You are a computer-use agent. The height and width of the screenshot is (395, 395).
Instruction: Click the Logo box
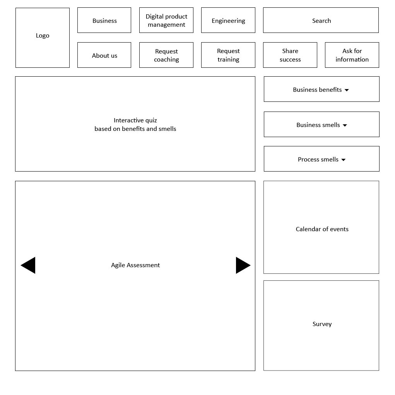[42, 38]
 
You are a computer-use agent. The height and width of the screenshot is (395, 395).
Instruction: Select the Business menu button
[104, 20]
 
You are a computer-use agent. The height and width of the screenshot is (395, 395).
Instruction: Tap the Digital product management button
[166, 20]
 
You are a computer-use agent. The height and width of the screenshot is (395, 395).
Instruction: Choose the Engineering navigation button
[228, 20]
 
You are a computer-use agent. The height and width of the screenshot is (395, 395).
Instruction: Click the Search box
[321, 20]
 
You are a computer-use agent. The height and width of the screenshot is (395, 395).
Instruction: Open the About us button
[104, 55]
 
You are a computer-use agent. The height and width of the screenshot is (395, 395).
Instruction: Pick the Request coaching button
[166, 55]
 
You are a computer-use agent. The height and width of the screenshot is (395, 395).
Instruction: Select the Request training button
[228, 55]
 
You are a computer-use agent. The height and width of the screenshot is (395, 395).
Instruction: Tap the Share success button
[290, 55]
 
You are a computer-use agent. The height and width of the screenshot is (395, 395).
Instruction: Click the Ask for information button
[352, 55]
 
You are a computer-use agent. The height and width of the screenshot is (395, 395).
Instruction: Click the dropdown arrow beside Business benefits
[347, 90]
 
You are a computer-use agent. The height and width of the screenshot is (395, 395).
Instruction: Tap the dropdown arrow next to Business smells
[345, 125]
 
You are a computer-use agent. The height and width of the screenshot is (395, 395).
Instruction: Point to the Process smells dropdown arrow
[344, 160]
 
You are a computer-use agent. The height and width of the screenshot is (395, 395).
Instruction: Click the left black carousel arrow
[28, 265]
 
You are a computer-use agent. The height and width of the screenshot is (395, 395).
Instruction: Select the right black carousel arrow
[243, 265]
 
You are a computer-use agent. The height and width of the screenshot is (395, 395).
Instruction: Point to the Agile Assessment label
[135, 265]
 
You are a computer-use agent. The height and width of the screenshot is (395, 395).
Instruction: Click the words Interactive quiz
[135, 120]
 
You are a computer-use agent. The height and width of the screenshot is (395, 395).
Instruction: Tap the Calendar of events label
[322, 229]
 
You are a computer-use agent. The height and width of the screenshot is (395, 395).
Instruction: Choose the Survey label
[322, 324]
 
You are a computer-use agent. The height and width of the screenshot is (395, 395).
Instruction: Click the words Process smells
[318, 160]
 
